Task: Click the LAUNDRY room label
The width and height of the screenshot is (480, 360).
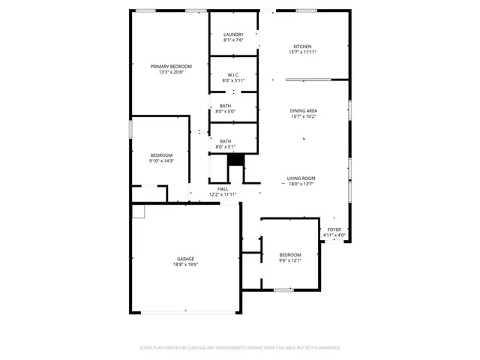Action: click(x=233, y=34)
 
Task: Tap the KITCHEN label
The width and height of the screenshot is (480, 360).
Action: click(x=302, y=46)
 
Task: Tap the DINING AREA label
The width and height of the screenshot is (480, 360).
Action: click(x=303, y=111)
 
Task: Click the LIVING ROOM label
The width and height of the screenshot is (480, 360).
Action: click(x=300, y=178)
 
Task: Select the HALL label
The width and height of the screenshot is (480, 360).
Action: click(x=223, y=189)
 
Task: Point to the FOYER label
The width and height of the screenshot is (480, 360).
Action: click(x=334, y=229)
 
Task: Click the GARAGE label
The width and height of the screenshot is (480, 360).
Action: click(x=186, y=259)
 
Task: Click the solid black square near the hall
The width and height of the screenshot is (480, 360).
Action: click(x=236, y=159)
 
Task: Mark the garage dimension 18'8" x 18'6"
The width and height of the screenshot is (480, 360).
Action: click(x=186, y=265)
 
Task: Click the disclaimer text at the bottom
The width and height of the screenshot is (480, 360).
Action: click(x=240, y=348)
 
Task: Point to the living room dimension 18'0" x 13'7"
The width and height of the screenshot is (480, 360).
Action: click(x=300, y=184)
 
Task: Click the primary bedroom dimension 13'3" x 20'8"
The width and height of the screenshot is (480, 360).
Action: click(x=170, y=73)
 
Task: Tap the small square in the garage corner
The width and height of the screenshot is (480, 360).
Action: click(x=138, y=211)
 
